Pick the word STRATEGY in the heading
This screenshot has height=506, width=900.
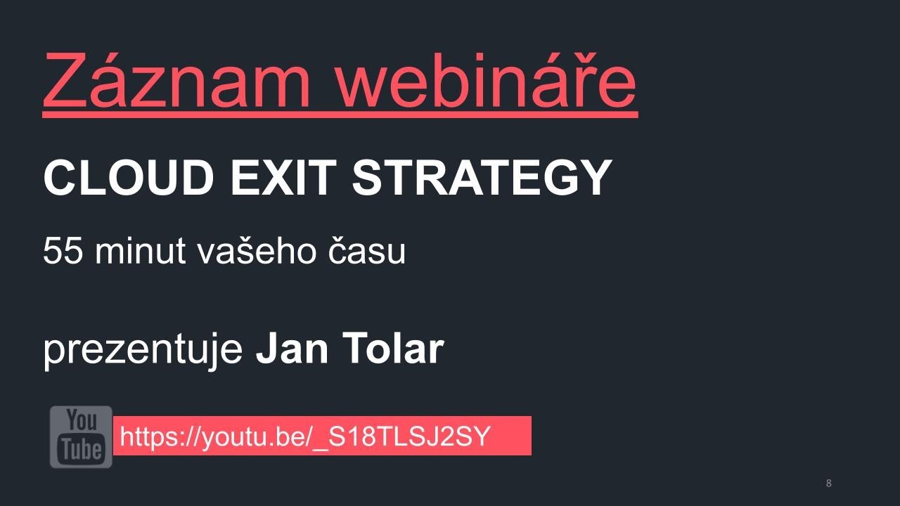coord(482,178)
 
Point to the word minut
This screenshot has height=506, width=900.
coord(133,251)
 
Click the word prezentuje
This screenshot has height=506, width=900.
coord(143,349)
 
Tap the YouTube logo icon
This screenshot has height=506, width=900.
coord(81,436)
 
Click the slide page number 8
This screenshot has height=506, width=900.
coord(828,483)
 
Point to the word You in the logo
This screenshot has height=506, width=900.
coord(82,422)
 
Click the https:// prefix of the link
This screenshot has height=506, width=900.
coord(161,436)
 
